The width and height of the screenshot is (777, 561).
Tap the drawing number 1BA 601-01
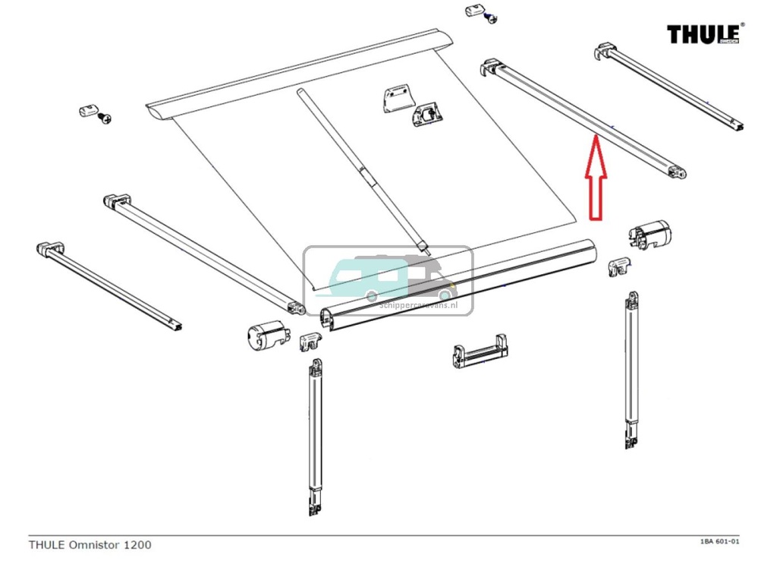tap(719, 541)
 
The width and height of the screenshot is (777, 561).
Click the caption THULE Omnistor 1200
tap(90, 544)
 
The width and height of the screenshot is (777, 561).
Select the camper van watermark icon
tap(388, 280)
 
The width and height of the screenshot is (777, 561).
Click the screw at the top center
tap(492, 18)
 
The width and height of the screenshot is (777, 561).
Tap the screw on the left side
tap(105, 118)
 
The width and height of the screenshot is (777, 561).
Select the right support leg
tap(631, 372)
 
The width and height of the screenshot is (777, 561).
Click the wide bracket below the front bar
tap(480, 352)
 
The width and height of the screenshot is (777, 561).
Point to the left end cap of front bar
tap(266, 335)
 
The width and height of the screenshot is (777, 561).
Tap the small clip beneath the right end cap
tap(621, 266)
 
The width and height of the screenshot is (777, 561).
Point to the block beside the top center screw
tap(473, 13)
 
